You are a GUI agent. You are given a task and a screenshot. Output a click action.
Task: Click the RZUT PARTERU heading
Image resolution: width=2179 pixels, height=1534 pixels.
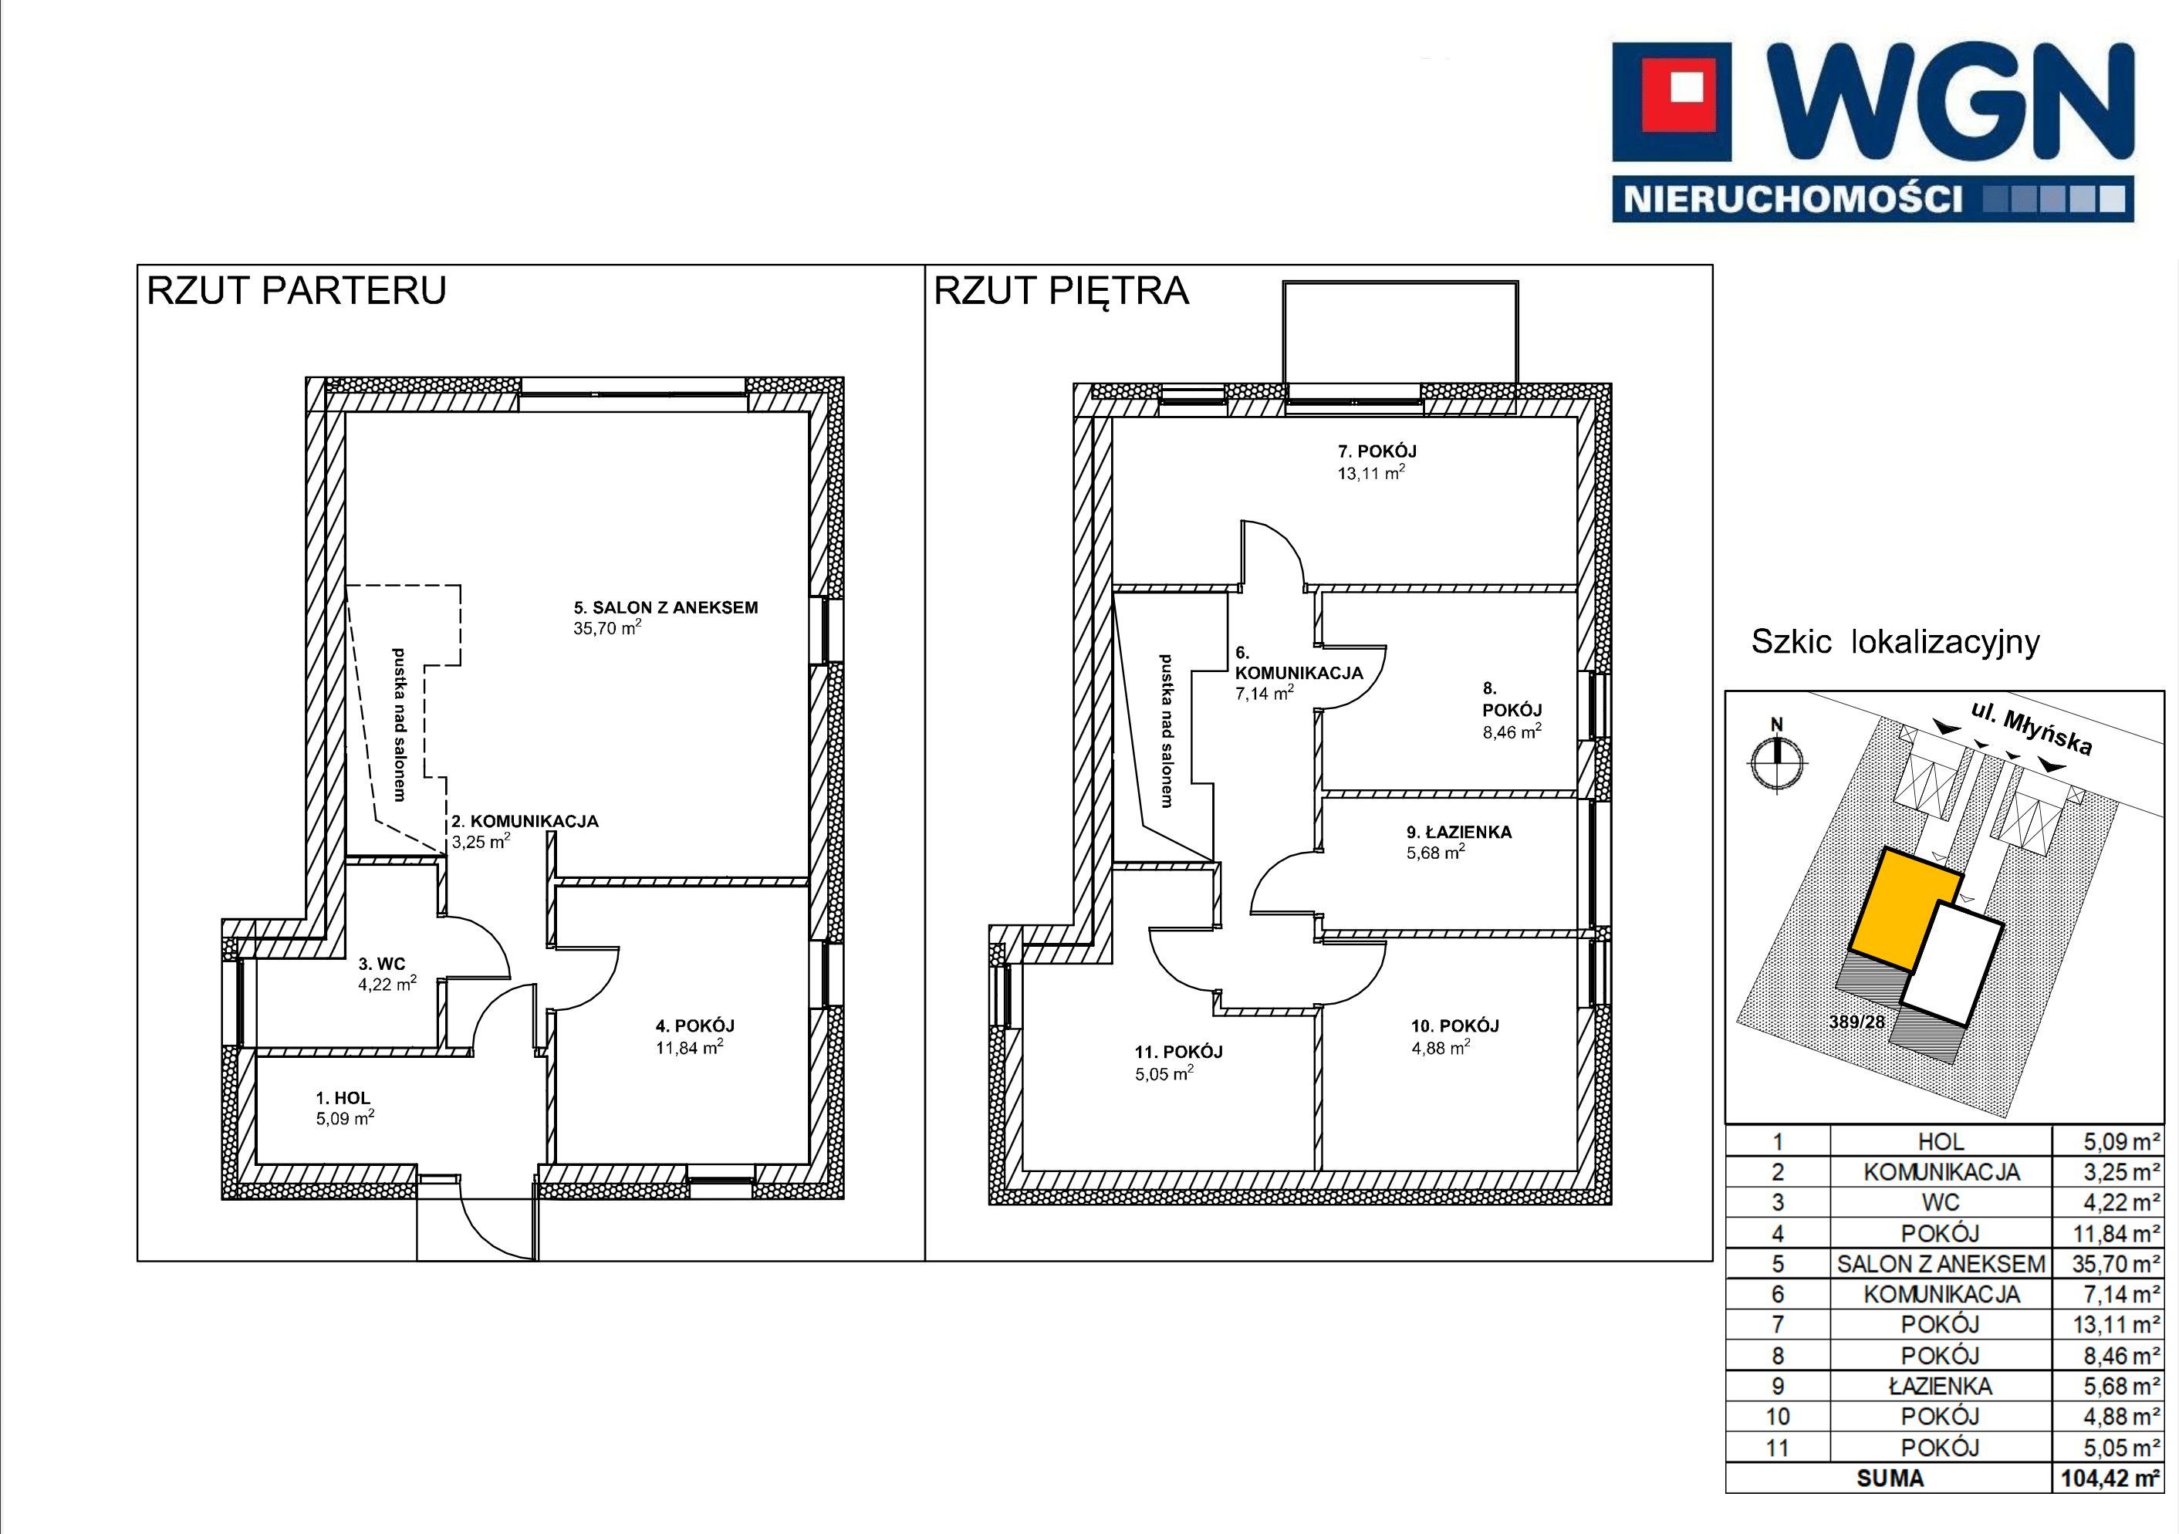pyautogui.click(x=296, y=290)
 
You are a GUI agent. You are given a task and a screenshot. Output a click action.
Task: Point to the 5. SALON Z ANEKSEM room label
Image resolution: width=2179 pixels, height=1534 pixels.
pyautogui.click(x=665, y=607)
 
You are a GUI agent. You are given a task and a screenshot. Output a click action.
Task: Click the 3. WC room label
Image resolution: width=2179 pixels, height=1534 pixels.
pyautogui.click(x=381, y=964)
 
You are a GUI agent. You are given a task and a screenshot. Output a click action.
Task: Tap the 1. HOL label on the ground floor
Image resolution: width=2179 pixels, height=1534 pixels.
pyautogui.click(x=343, y=1097)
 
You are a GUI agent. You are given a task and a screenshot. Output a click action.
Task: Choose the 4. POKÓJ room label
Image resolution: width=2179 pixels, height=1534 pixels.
pyautogui.click(x=694, y=1025)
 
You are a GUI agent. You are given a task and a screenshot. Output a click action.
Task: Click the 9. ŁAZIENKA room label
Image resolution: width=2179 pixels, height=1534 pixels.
pyautogui.click(x=1458, y=832)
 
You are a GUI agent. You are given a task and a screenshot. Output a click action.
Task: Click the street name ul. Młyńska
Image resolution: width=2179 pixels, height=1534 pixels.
pyautogui.click(x=2030, y=728)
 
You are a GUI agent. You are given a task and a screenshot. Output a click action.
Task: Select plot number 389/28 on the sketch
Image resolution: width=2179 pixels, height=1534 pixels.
pyautogui.click(x=1857, y=1022)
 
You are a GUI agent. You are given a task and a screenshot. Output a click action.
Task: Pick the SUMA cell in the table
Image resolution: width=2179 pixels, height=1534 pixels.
pyautogui.click(x=1890, y=1478)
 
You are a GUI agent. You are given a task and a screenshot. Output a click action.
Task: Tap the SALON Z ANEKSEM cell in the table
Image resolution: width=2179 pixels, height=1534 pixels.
pyautogui.click(x=1941, y=1263)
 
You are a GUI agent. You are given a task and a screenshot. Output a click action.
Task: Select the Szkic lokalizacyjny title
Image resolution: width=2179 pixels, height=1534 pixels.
pyautogui.click(x=1895, y=642)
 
